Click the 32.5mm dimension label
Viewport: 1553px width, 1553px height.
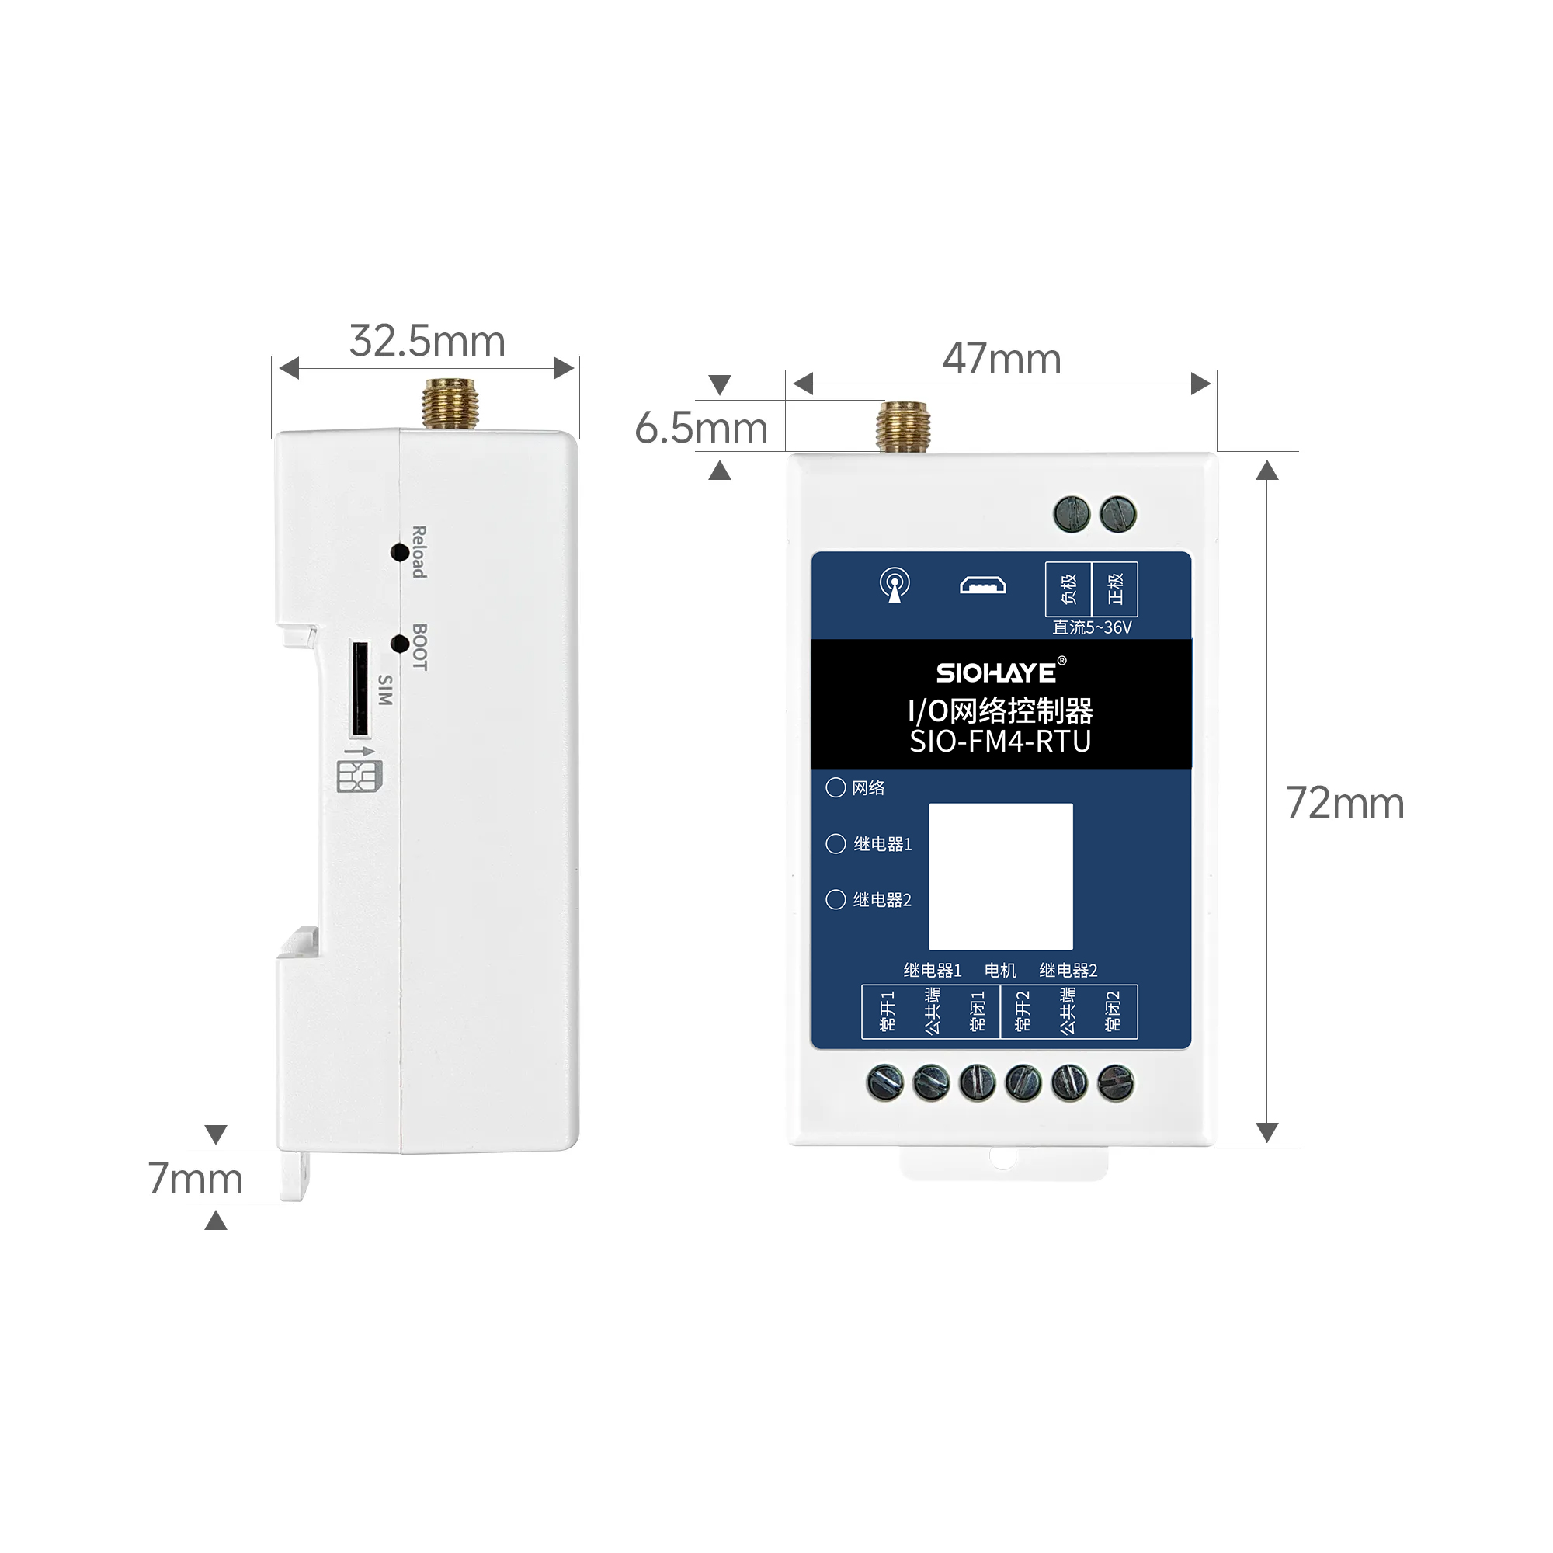[x=427, y=342]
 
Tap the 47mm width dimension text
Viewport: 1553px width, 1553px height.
[x=1002, y=360]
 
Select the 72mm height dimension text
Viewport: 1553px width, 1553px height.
[x=1345, y=803]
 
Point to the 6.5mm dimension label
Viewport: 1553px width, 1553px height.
[x=701, y=428]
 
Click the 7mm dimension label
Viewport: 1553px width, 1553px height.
[x=196, y=1180]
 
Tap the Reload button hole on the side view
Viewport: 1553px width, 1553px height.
[x=399, y=552]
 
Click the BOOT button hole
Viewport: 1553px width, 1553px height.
[x=399, y=644]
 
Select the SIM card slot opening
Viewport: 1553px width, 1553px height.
[x=360, y=689]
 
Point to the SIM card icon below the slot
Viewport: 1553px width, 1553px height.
[x=359, y=776]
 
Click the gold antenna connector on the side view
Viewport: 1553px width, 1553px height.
[x=450, y=405]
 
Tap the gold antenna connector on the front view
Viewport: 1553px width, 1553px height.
[x=904, y=427]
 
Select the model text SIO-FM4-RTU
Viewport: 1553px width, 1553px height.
[x=1000, y=741]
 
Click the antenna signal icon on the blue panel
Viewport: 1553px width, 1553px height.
[x=895, y=585]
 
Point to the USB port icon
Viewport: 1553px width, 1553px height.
[x=982, y=585]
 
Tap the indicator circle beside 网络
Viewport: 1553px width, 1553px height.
[x=836, y=787]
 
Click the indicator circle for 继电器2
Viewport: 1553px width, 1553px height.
[x=836, y=899]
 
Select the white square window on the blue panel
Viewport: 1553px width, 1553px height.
[x=1001, y=876]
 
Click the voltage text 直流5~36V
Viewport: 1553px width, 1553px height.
[x=1092, y=627]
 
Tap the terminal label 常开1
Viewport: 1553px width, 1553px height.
[x=887, y=1011]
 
